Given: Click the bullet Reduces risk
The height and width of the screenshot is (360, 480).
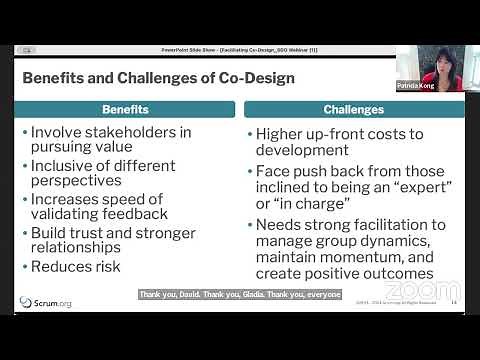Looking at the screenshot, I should tap(75, 267).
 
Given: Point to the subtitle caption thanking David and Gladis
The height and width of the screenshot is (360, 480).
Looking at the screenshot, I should tap(240, 294).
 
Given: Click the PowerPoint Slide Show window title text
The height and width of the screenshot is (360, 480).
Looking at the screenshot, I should tap(239, 49).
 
